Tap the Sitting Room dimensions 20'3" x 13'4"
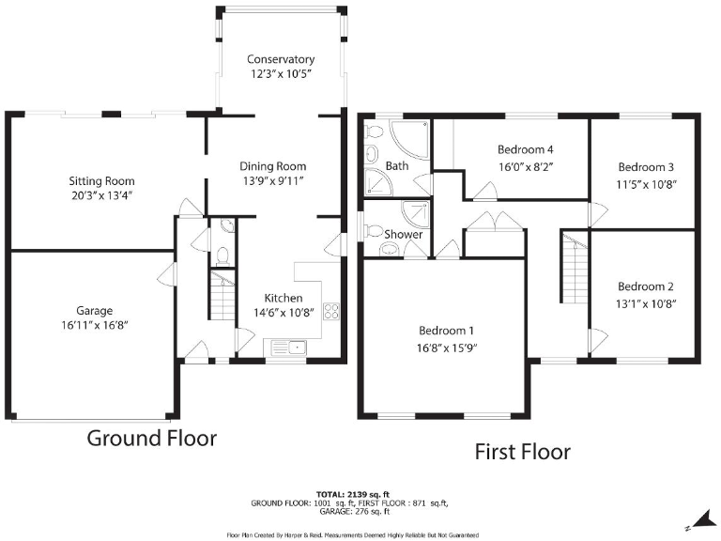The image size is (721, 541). (101, 197)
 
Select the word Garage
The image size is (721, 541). (95, 311)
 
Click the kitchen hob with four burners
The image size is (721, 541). (330, 313)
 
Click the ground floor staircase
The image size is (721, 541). (220, 302)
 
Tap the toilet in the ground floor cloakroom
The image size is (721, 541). (222, 253)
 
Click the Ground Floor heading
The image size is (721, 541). (152, 438)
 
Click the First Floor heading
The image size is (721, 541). (521, 452)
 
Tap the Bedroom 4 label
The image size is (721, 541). (524, 149)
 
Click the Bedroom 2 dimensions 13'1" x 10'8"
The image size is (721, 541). (646, 303)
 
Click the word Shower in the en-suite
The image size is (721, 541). (404, 234)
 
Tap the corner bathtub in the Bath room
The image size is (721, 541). (410, 140)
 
